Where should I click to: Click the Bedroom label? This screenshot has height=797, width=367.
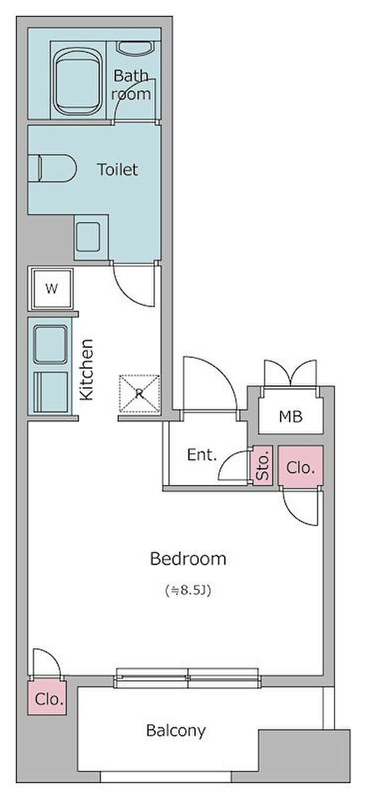188,559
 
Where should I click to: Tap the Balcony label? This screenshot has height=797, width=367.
176,730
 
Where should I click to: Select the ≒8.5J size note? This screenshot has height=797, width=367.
188,591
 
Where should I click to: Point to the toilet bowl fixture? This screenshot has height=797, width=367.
52,169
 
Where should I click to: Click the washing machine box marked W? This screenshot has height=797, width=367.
51,289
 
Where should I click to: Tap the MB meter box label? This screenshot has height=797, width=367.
290,417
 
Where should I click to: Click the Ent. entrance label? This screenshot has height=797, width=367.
202,455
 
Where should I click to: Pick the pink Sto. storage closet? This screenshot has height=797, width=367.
263,465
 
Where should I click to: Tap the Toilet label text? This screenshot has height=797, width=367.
117,169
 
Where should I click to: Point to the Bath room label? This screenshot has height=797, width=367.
131,85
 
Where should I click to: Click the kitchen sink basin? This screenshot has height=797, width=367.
51,344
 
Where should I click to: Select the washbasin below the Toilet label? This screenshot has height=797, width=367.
88,236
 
